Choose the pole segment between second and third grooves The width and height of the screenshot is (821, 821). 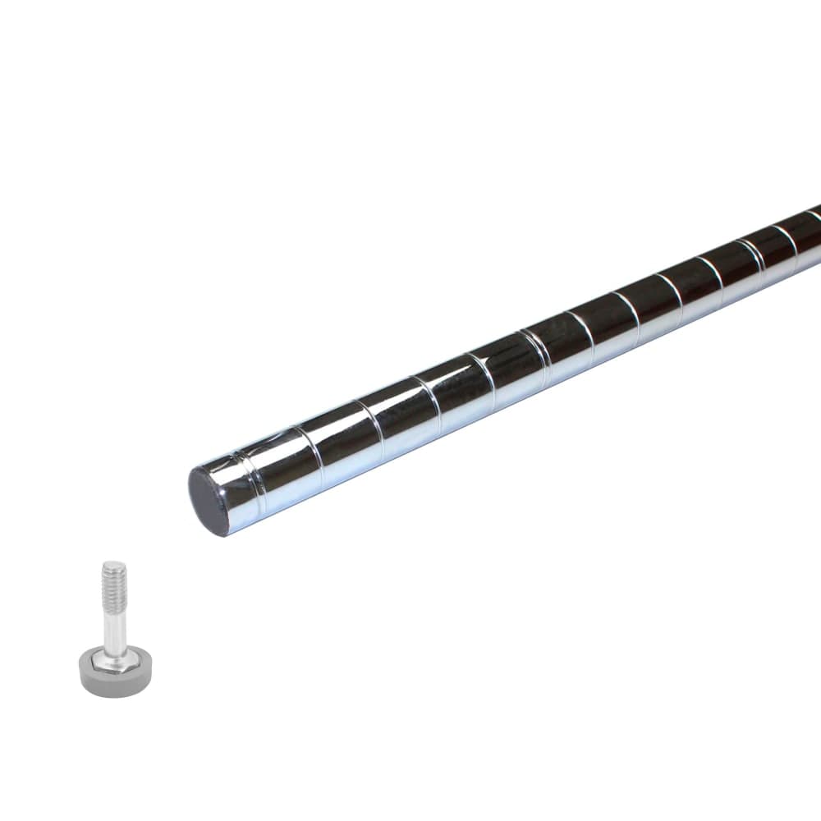(340, 439)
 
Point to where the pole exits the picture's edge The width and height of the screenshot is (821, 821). (814, 235)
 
